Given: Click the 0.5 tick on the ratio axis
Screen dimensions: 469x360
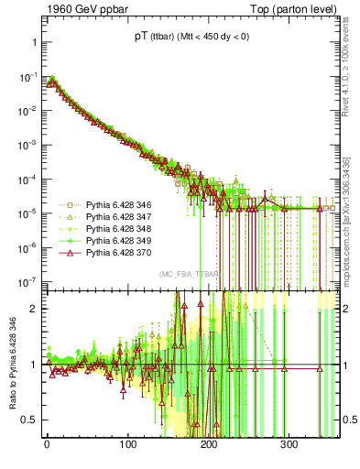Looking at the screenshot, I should point(28,420).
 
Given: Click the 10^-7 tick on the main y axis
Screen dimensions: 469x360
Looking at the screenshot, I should point(26,281).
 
